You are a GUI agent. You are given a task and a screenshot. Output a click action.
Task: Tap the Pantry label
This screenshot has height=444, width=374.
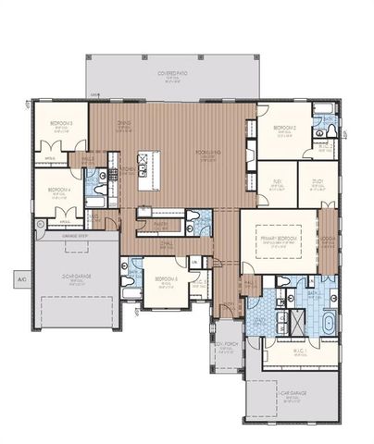[158, 222]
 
